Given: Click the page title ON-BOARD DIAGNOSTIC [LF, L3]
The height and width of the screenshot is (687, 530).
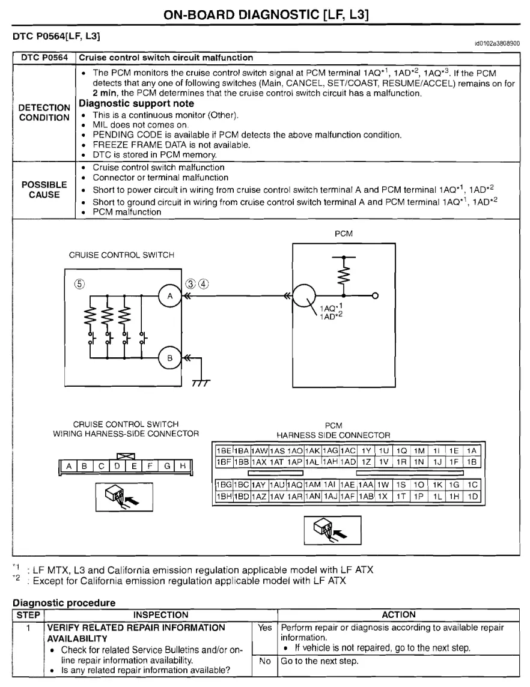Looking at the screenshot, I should (265, 13).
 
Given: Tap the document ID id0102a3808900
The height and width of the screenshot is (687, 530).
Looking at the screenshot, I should (497, 43).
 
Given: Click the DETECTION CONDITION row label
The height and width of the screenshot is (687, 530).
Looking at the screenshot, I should (44, 112).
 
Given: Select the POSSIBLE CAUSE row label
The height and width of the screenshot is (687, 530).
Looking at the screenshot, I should (44, 189).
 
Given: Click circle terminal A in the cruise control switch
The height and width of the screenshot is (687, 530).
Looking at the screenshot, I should (169, 295).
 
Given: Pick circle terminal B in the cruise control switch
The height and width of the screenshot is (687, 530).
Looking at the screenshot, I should (169, 358).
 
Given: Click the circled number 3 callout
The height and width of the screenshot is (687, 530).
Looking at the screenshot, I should (190, 283).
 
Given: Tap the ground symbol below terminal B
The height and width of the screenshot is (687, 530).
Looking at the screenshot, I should (200, 383).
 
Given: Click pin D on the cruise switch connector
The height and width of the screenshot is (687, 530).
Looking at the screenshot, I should (117, 465).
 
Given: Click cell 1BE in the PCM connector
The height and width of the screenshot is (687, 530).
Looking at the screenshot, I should (224, 450).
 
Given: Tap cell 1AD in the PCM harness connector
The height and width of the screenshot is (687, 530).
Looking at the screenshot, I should (349, 462).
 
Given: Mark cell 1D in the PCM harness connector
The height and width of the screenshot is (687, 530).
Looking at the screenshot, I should (473, 497).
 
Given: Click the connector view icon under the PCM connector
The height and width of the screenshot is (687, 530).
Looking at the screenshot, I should (332, 529).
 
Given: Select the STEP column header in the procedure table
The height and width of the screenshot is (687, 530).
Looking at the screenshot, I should (28, 614).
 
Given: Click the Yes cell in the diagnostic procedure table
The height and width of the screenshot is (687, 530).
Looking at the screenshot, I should (265, 628).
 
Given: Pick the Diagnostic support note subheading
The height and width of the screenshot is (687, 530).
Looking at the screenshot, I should (136, 104).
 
